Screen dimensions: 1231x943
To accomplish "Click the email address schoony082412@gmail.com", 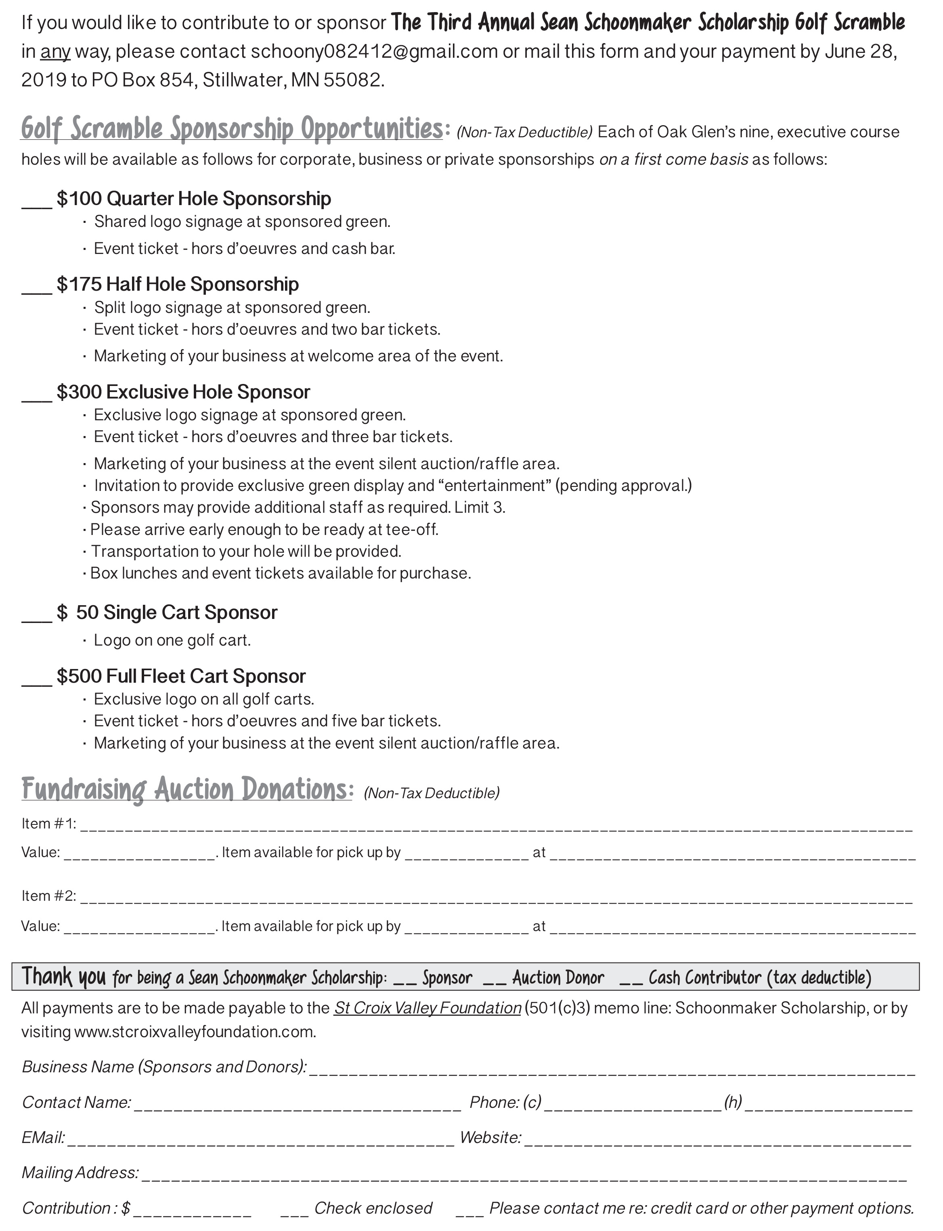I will click(x=374, y=52).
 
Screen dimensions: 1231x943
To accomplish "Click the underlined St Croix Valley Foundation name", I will click(x=428, y=1008).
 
